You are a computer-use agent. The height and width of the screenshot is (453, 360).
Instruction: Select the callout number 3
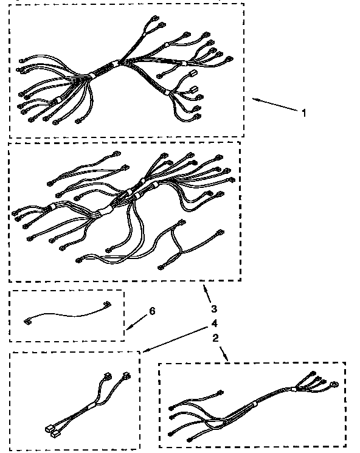(x=213, y=308)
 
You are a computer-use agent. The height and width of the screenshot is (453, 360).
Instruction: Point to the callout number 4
(x=214, y=323)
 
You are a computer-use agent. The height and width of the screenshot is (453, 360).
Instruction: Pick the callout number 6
(x=152, y=311)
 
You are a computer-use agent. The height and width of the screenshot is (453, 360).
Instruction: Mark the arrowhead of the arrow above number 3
(x=204, y=284)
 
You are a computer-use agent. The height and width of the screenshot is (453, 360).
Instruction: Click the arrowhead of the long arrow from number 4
(x=142, y=351)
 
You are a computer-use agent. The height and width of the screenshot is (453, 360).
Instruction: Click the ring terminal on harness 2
(x=334, y=384)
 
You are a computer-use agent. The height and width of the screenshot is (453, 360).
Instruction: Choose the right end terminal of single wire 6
(x=108, y=305)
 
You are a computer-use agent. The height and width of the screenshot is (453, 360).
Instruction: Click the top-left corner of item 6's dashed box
(x=10, y=291)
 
